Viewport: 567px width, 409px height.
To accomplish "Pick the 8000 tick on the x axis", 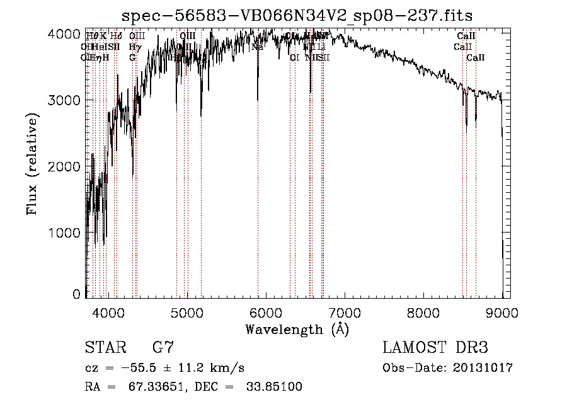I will tap(423, 313).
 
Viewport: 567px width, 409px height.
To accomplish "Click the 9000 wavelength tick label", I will tap(502, 313).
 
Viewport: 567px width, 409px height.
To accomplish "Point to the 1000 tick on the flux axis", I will tap(66, 233).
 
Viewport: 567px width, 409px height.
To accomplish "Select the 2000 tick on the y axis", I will tap(66, 167).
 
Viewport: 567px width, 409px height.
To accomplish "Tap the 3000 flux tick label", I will tap(66, 101).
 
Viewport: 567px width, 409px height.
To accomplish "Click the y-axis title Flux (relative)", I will tap(32, 164).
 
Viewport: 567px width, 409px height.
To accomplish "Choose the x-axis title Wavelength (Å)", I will tap(297, 329).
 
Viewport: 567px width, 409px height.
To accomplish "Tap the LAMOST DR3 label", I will tap(435, 347).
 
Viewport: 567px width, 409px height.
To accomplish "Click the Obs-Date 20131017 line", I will tap(447, 367).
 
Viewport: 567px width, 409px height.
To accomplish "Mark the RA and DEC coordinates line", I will tap(193, 387).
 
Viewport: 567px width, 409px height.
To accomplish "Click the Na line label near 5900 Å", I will tap(257, 47).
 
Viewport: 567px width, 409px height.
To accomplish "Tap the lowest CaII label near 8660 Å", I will tap(476, 57).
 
